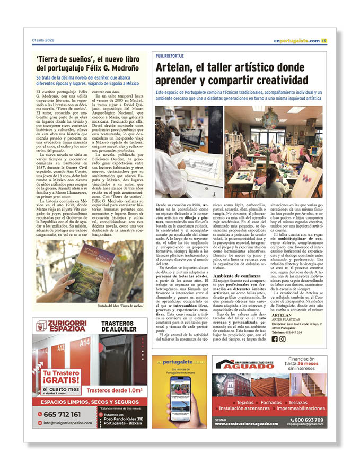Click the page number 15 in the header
click(x=324, y=41)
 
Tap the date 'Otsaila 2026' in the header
click(x=43, y=41)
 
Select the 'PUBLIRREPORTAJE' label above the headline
click(x=170, y=55)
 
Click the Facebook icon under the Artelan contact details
click(x=275, y=339)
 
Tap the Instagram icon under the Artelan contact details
click(x=283, y=339)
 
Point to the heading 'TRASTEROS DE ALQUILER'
click(x=120, y=326)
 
